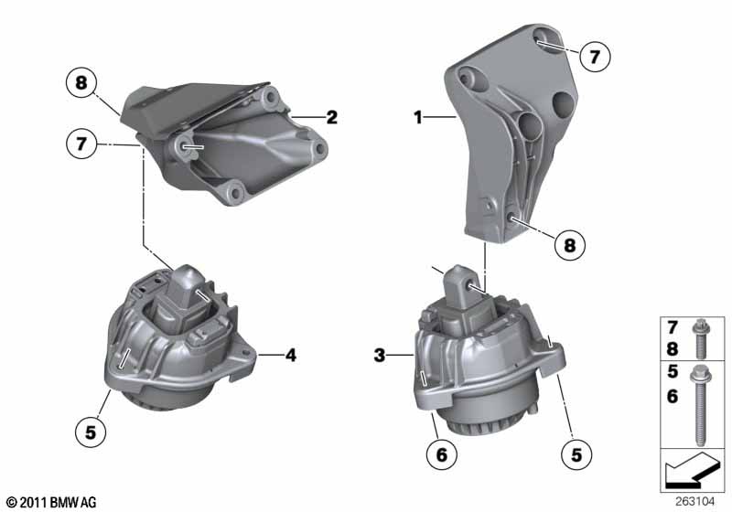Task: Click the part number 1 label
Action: (418, 117)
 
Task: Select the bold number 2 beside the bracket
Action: (331, 117)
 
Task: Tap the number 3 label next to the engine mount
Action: (380, 356)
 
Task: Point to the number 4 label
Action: (291, 356)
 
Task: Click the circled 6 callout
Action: (442, 453)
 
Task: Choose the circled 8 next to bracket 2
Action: (81, 83)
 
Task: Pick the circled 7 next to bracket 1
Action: (594, 57)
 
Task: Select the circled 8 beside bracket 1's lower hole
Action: (570, 244)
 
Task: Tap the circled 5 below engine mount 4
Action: (90, 432)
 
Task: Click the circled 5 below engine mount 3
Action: (576, 454)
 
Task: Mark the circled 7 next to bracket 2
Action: (81, 144)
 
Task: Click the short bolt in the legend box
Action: (701, 338)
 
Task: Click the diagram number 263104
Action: (694, 501)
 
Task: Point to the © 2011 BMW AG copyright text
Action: (52, 502)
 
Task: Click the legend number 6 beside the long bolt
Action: (673, 397)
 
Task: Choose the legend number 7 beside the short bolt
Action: (673, 327)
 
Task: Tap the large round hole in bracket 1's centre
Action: (532, 125)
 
